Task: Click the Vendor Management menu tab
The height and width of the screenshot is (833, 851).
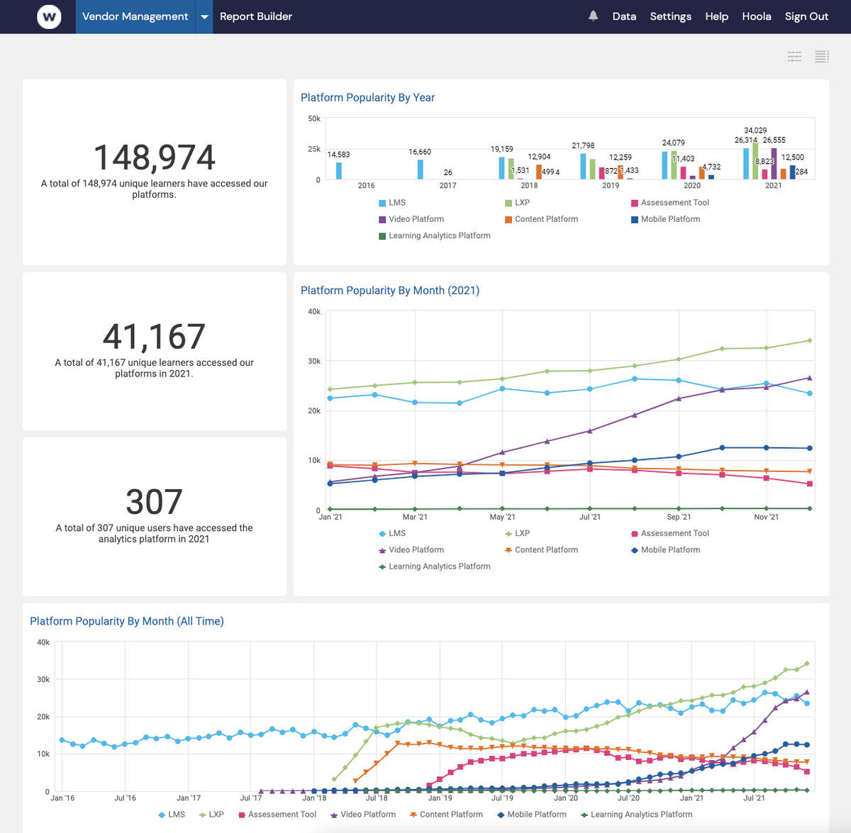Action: pyautogui.click(x=135, y=16)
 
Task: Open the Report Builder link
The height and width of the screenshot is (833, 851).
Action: pyautogui.click(x=255, y=16)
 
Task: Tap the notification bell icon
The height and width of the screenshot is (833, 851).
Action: pyautogui.click(x=594, y=16)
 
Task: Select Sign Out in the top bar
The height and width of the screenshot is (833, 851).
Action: pyautogui.click(x=806, y=16)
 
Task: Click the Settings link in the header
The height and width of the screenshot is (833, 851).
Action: pyautogui.click(x=670, y=16)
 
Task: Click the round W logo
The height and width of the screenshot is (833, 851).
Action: pyautogui.click(x=49, y=16)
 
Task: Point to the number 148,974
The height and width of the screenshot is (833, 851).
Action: pyautogui.click(x=154, y=157)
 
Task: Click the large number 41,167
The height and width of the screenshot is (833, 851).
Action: pyautogui.click(x=154, y=337)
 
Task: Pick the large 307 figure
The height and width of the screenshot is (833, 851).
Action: pyautogui.click(x=154, y=502)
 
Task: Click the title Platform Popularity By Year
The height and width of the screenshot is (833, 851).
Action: pyautogui.click(x=367, y=98)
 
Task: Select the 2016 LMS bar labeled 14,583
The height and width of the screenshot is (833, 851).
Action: pyautogui.click(x=339, y=171)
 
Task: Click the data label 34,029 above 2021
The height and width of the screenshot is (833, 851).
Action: pyautogui.click(x=755, y=130)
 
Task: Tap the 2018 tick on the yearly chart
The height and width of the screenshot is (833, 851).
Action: pyautogui.click(x=529, y=186)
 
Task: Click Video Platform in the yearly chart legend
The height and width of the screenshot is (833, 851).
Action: pyautogui.click(x=416, y=219)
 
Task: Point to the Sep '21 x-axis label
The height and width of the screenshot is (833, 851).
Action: pyautogui.click(x=678, y=517)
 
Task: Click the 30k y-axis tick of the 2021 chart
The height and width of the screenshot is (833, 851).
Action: pyautogui.click(x=313, y=362)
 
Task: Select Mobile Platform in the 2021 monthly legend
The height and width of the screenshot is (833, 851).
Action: pyautogui.click(x=670, y=550)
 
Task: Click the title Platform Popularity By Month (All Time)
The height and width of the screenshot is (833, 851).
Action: pyautogui.click(x=126, y=622)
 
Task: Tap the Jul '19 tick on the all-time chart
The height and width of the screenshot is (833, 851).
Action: pyautogui.click(x=502, y=798)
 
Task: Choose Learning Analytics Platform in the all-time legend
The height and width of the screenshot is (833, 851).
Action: pyautogui.click(x=641, y=815)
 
